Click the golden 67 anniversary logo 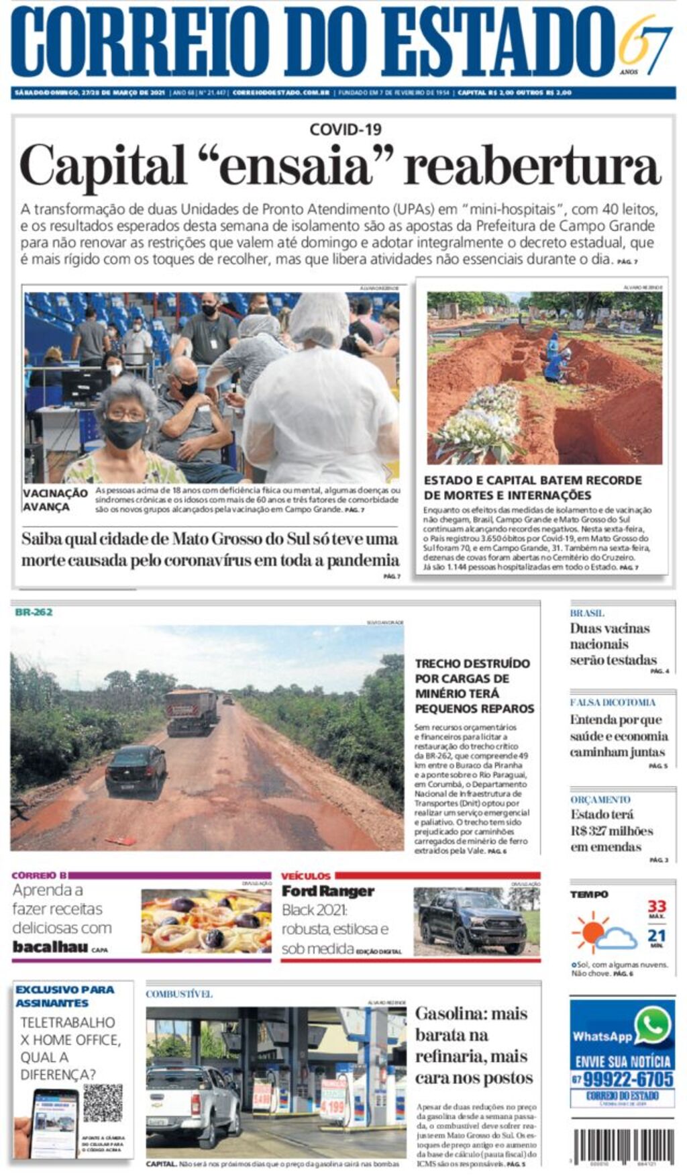click(644, 44)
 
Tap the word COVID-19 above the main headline click(345, 129)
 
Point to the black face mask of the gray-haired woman click(125, 433)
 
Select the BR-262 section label click(34, 612)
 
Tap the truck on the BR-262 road click(192, 710)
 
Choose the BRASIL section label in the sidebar click(587, 613)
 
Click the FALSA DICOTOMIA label click(613, 702)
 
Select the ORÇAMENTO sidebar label click(600, 799)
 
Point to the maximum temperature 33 click(657, 906)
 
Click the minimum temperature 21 click(657, 935)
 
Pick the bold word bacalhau click(50, 947)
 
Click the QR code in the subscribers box click(103, 1101)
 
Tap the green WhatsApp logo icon click(653, 1025)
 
